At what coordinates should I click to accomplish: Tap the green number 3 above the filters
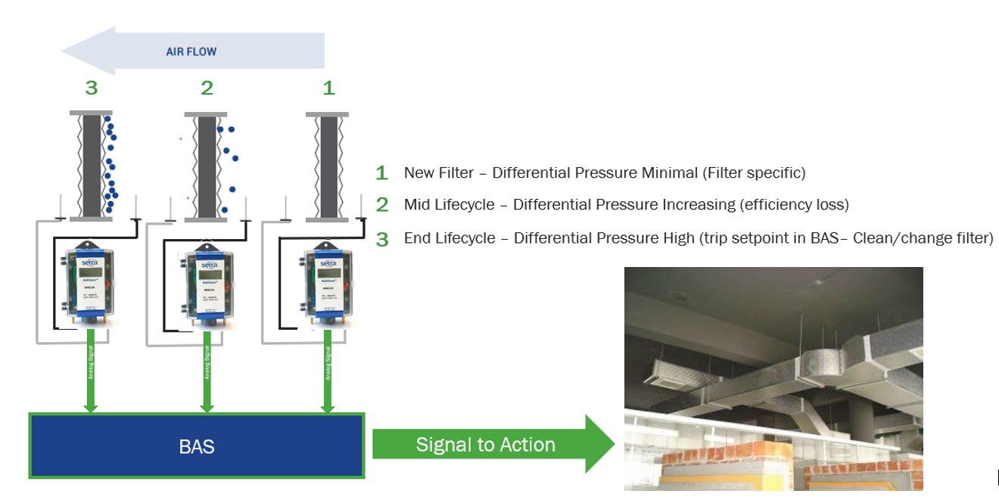pos(92,88)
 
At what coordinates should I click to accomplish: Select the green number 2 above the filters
pos(207,88)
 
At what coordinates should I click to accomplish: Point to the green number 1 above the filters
pos(328,88)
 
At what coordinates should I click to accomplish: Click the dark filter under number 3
pos(92,166)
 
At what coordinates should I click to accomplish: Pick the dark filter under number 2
pos(207,166)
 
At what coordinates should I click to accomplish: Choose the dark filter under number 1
pos(328,166)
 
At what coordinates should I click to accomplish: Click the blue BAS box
pos(197,446)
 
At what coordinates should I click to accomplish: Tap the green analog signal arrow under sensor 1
pos(328,374)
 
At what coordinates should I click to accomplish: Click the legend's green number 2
pos(382,205)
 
